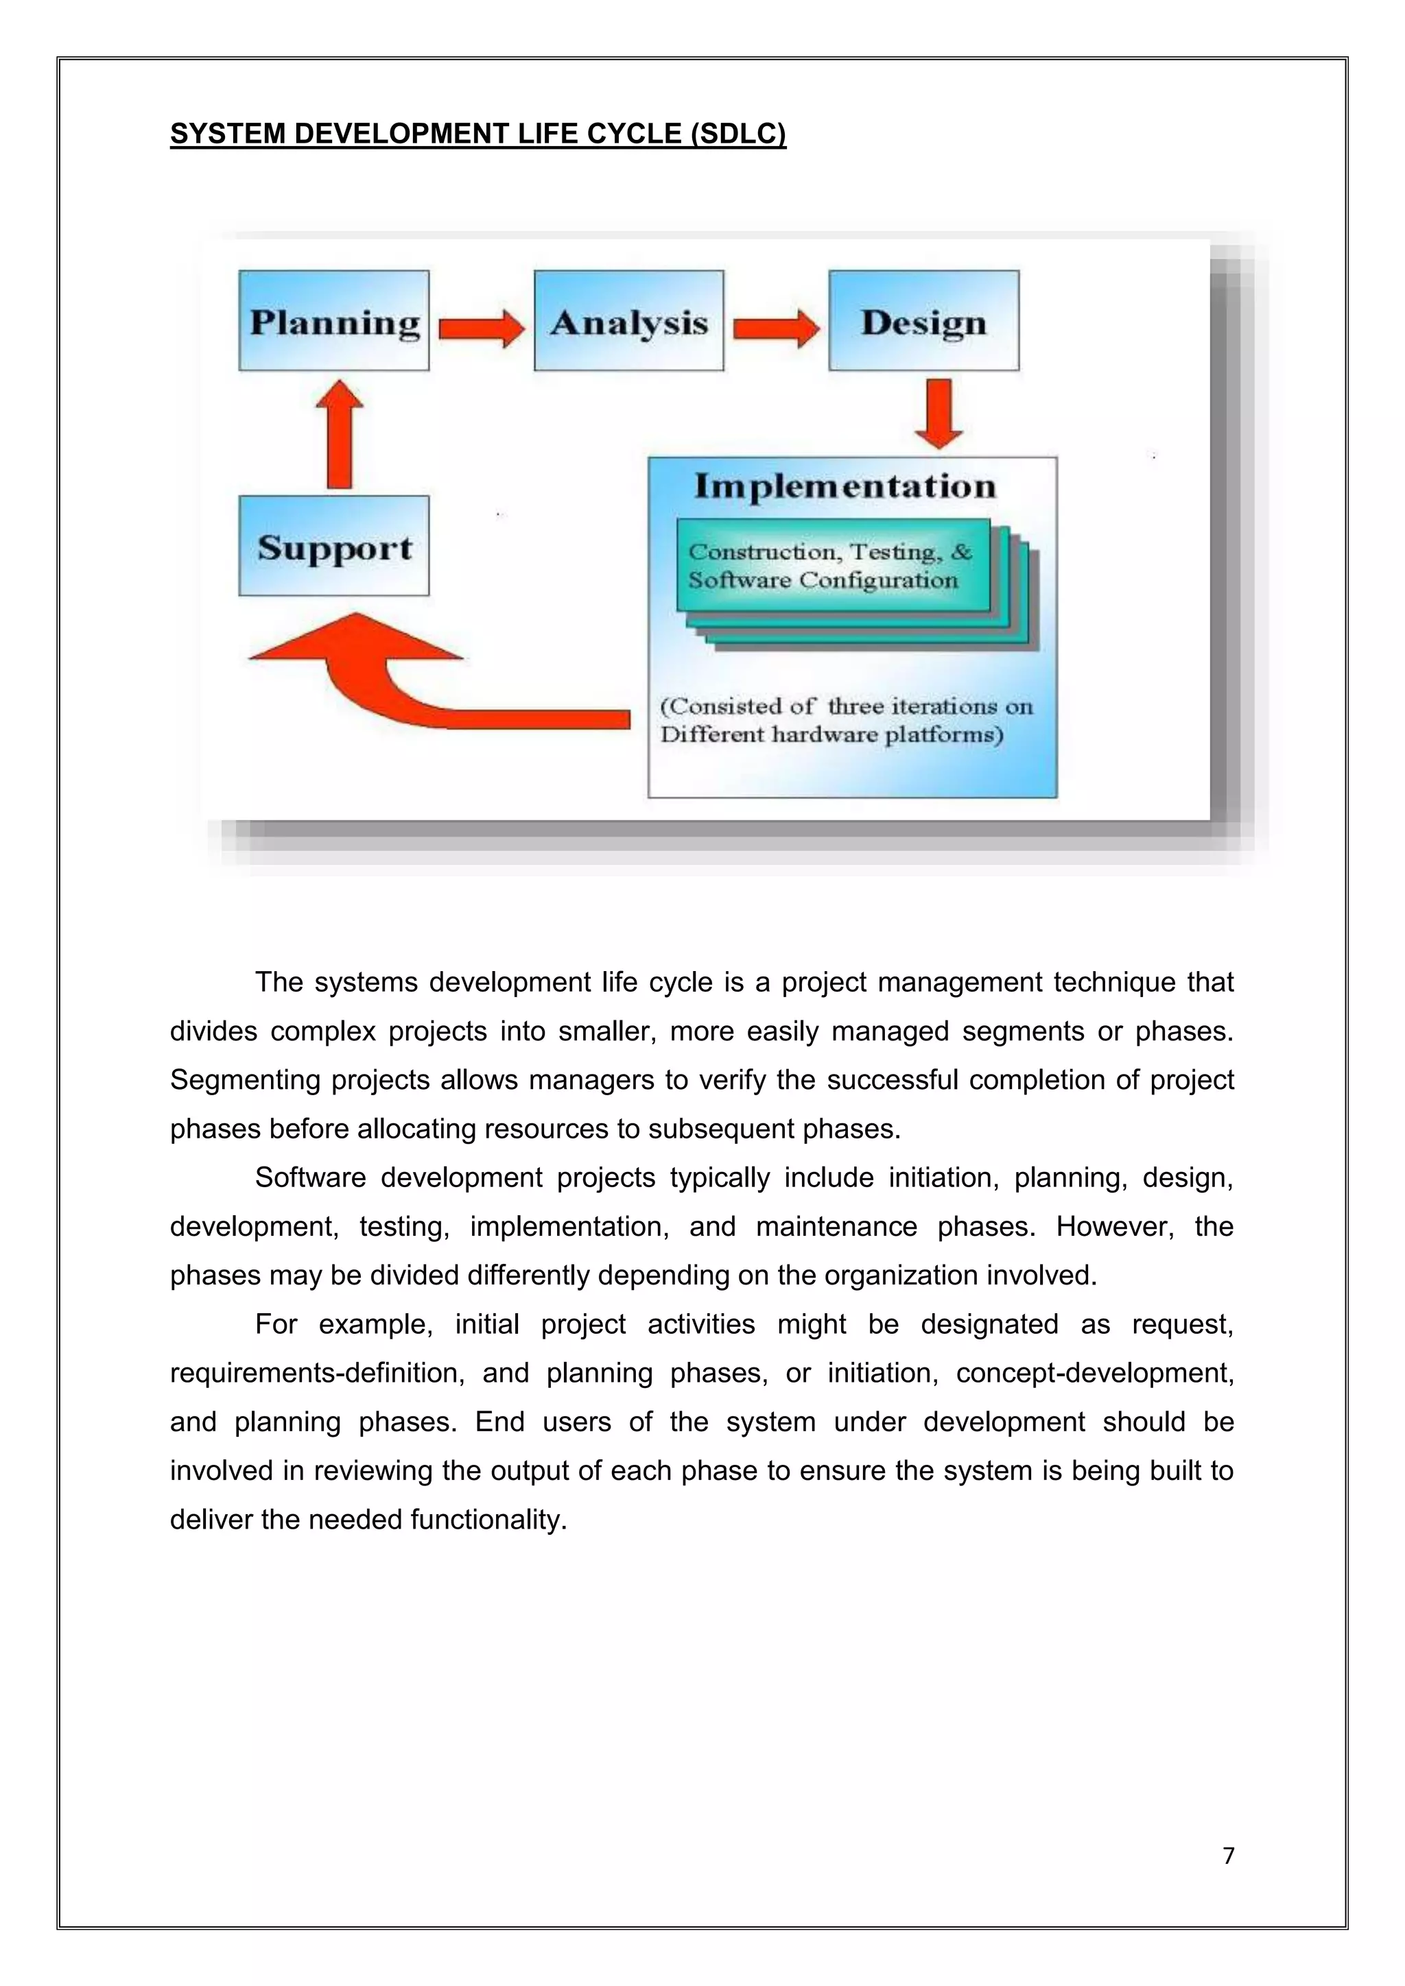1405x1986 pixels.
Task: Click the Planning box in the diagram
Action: (334, 321)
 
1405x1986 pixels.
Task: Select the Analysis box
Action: (629, 321)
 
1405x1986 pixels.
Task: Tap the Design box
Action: (923, 321)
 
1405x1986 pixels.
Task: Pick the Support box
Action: (334, 546)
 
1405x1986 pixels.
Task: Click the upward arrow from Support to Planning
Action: (340, 434)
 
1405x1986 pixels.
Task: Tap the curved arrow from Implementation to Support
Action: (415, 683)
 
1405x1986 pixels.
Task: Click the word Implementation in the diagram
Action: (845, 486)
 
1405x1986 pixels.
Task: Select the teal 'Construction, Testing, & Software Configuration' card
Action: (832, 566)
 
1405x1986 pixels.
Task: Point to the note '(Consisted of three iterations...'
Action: (845, 721)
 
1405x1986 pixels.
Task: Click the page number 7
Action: (1229, 1856)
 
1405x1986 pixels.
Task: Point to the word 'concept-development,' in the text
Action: (1094, 1373)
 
